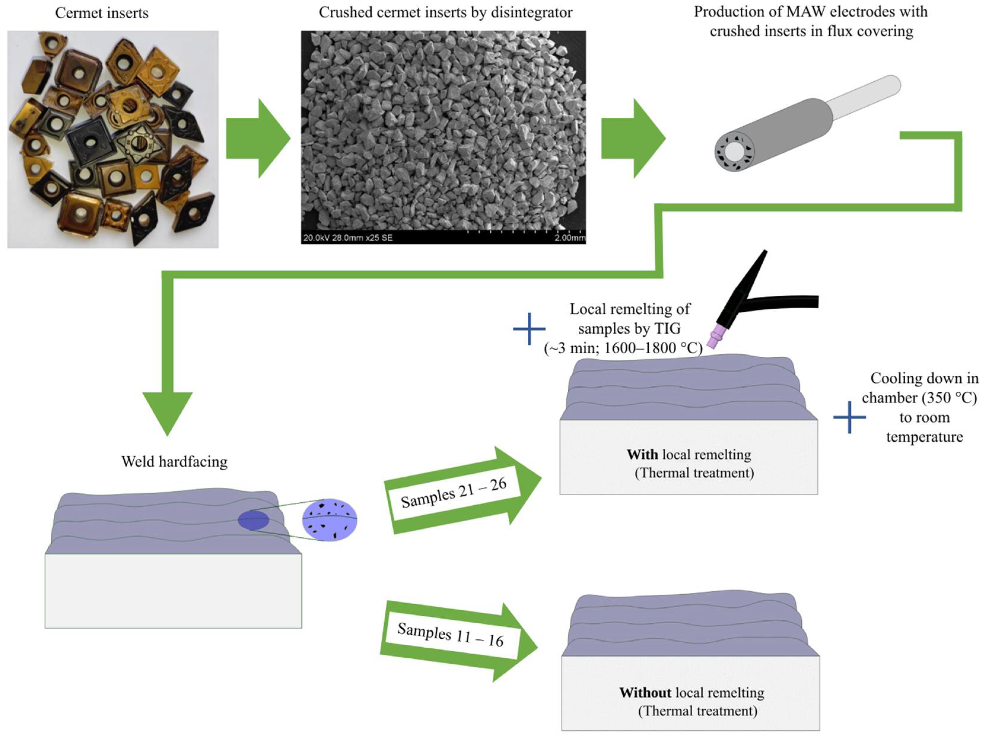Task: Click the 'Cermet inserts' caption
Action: pos(101,13)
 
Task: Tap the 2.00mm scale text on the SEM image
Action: pos(569,238)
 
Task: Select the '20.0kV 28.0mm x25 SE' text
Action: pos(348,238)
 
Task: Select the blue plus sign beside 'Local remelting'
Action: pos(529,329)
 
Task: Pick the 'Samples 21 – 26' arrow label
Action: pos(454,493)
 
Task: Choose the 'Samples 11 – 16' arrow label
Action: pos(450,635)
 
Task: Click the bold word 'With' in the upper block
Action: pos(642,455)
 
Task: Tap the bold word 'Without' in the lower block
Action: pos(645,693)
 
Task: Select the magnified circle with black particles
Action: pos(330,520)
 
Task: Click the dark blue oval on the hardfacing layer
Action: pos(253,520)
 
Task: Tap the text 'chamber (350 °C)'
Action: pos(919,398)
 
